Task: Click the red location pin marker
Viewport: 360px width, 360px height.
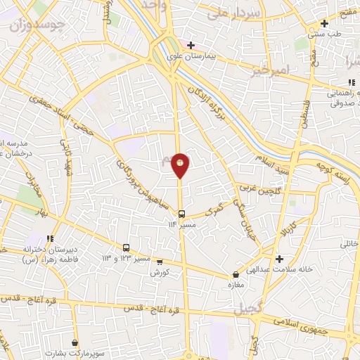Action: point(181,165)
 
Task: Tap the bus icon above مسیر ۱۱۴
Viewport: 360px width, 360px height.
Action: point(181,214)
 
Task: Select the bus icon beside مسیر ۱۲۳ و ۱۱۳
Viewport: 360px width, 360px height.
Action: point(127,247)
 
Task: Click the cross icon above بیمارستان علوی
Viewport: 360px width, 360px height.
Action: point(191,44)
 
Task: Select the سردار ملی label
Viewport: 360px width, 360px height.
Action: point(240,13)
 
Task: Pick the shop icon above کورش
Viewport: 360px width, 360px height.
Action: point(160,262)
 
